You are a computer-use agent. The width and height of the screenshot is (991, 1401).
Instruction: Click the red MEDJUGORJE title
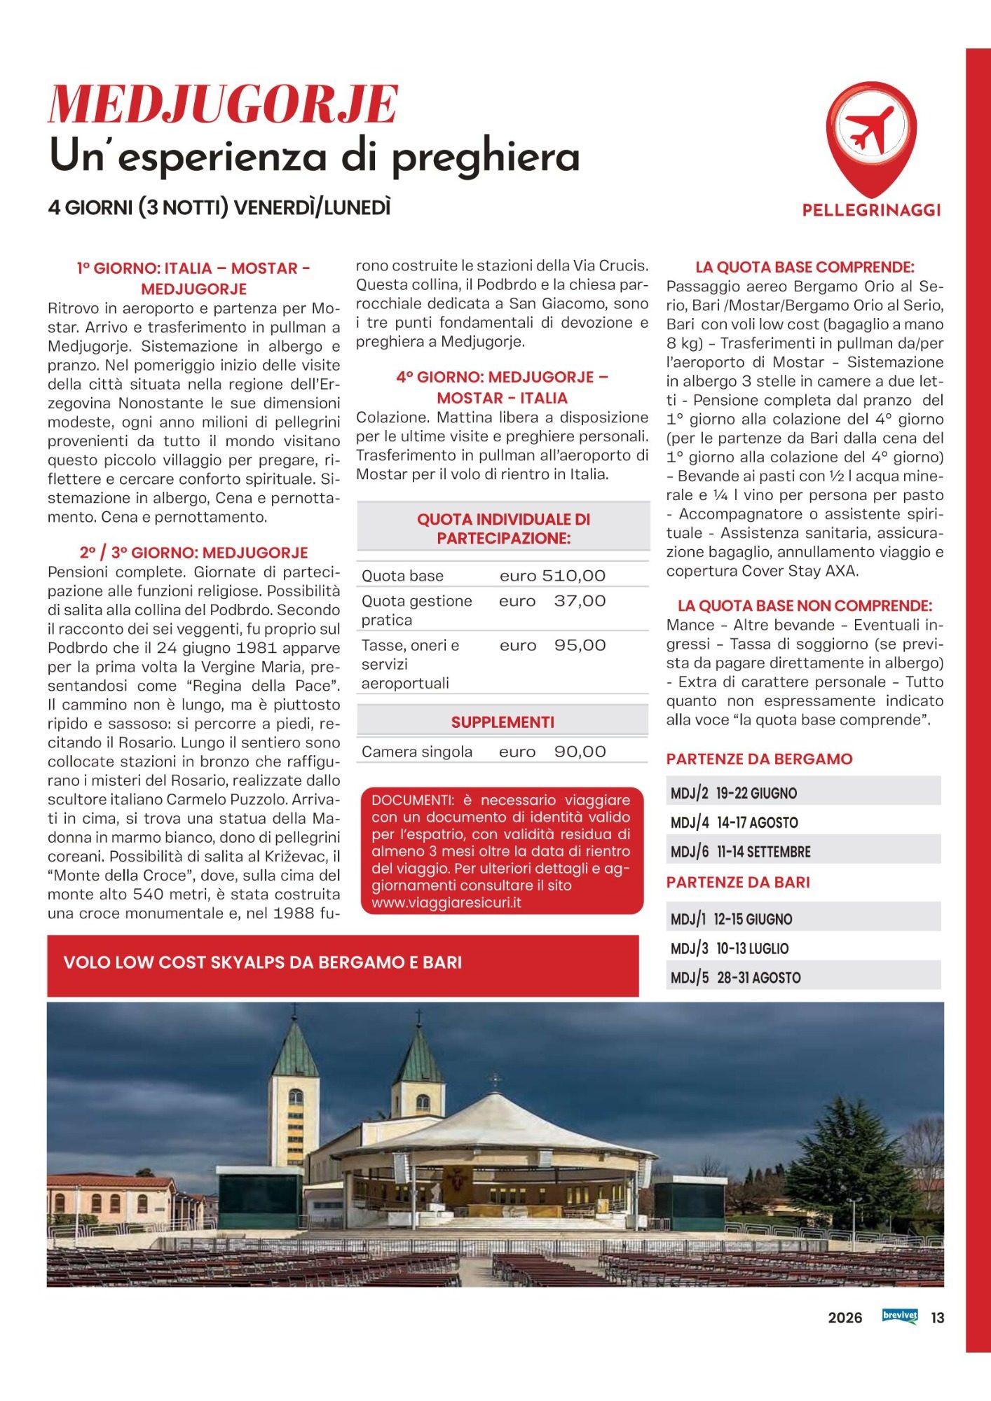[223, 104]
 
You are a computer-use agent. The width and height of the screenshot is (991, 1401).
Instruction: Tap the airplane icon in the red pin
[870, 130]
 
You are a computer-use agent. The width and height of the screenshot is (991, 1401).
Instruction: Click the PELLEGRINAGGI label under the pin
[871, 210]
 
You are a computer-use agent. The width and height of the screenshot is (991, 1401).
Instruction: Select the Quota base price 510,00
[573, 576]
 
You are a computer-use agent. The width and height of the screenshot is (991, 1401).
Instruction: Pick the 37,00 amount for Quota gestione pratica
[580, 601]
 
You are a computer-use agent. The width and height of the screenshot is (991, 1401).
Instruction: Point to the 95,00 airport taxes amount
[580, 645]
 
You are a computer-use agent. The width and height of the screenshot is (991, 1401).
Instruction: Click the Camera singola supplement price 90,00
[580, 752]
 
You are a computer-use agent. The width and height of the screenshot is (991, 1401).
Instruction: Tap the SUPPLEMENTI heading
[503, 722]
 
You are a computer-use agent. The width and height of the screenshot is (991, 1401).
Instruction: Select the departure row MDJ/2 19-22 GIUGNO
[734, 793]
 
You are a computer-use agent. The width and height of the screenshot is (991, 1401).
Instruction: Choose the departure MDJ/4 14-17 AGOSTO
[734, 822]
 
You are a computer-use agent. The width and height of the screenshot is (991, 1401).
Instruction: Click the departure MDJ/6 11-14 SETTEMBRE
[740, 852]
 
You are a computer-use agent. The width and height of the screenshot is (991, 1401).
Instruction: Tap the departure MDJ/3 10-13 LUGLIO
[729, 948]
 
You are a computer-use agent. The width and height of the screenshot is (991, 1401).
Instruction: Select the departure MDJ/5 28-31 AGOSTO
[735, 978]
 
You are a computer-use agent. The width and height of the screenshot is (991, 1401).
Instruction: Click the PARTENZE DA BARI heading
[738, 883]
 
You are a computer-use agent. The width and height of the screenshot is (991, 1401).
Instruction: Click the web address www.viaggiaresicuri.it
[446, 903]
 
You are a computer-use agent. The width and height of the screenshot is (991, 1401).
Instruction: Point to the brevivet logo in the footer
[900, 1316]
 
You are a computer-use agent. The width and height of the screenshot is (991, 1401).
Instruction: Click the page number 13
[937, 1318]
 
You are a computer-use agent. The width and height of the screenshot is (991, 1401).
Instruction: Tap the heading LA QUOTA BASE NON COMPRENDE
[805, 606]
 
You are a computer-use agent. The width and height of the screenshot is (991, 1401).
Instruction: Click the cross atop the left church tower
[294, 1012]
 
